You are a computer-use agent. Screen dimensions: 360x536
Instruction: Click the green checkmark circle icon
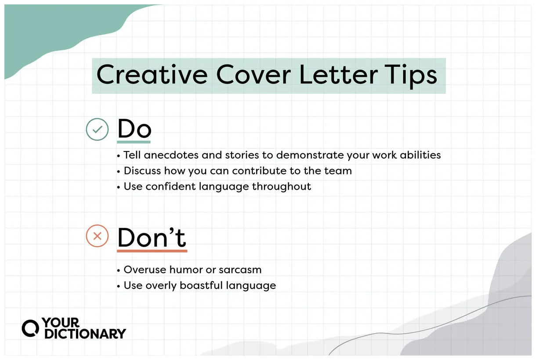pyautogui.click(x=97, y=130)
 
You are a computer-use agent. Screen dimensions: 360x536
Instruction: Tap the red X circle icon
pyautogui.click(x=97, y=236)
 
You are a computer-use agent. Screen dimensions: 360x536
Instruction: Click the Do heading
pyautogui.click(x=134, y=129)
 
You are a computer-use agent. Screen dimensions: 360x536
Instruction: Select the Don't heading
pyautogui.click(x=152, y=237)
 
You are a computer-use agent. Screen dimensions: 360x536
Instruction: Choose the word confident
pyautogui.click(x=170, y=186)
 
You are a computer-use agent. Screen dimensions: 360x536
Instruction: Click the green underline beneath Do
pyautogui.click(x=134, y=142)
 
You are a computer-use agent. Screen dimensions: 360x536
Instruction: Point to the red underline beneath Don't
pyautogui.click(x=152, y=251)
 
